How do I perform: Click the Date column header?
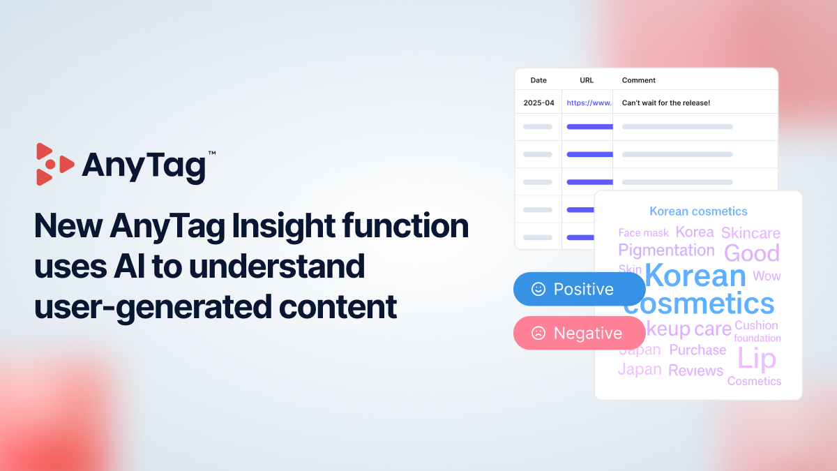coord(538,80)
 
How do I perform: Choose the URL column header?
coord(587,80)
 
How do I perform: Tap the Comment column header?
coord(639,80)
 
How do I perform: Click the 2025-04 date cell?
coord(538,103)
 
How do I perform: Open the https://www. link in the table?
coord(589,103)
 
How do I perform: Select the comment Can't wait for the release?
coord(665,103)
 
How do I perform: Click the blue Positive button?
coord(579,289)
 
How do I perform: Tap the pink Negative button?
coord(579,334)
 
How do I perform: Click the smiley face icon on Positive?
coord(538,289)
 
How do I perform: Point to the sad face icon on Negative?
coord(538,334)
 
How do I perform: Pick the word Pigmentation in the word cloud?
coord(666,250)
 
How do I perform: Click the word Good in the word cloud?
coord(752,253)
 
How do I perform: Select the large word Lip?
coord(757,359)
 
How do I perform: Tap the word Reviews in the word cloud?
coord(695,371)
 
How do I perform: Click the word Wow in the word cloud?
coord(767,276)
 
